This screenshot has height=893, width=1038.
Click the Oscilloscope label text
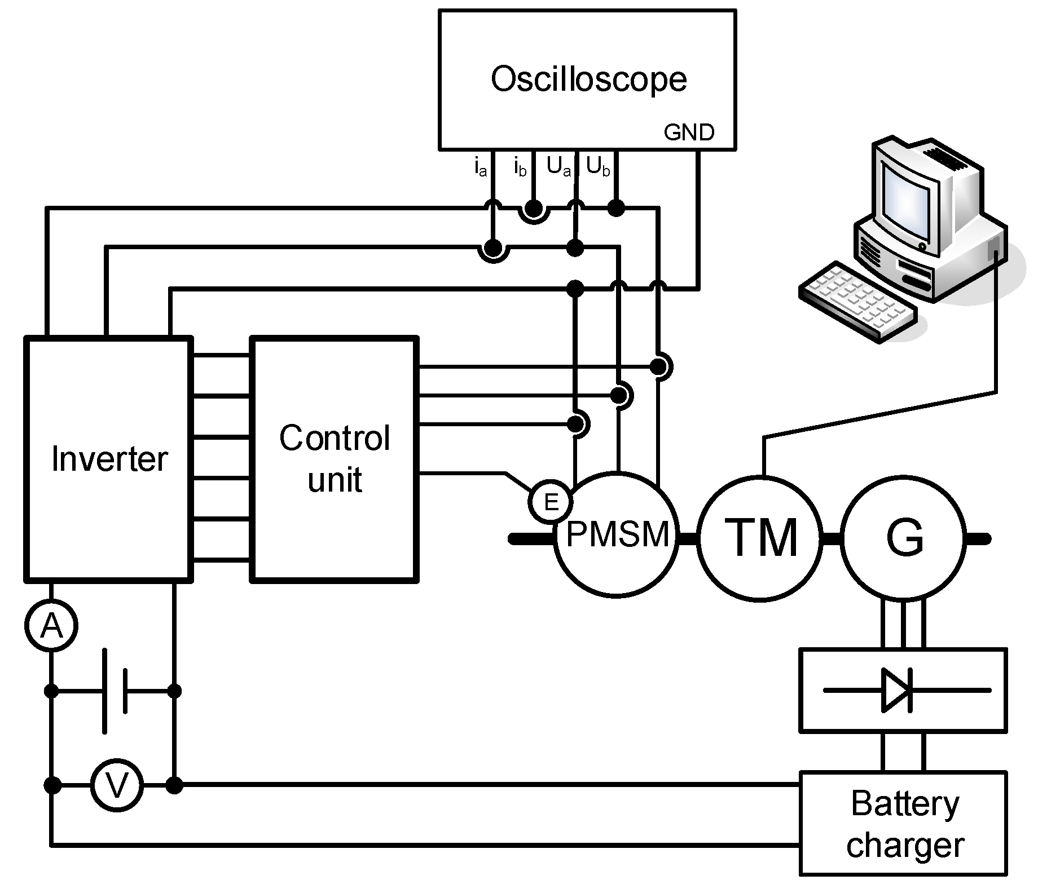[x=588, y=79]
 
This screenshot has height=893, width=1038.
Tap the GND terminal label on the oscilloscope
[x=689, y=132]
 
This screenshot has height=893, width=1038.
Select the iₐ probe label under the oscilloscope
[x=480, y=168]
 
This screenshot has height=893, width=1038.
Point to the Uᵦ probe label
[x=597, y=167]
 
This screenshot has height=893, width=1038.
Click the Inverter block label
[x=109, y=459]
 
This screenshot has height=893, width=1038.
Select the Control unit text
[x=335, y=458]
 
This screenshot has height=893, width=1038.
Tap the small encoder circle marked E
[x=551, y=501]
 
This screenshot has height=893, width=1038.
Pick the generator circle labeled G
[x=904, y=537]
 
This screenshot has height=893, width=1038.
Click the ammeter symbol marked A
[x=51, y=625]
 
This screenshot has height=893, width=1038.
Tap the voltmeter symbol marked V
[x=117, y=785]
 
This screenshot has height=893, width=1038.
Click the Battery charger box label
[x=904, y=824]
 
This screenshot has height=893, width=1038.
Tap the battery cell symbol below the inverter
[x=115, y=691]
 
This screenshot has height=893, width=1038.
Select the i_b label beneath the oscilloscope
[x=520, y=168]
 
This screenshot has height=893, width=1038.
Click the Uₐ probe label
[x=558, y=167]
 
